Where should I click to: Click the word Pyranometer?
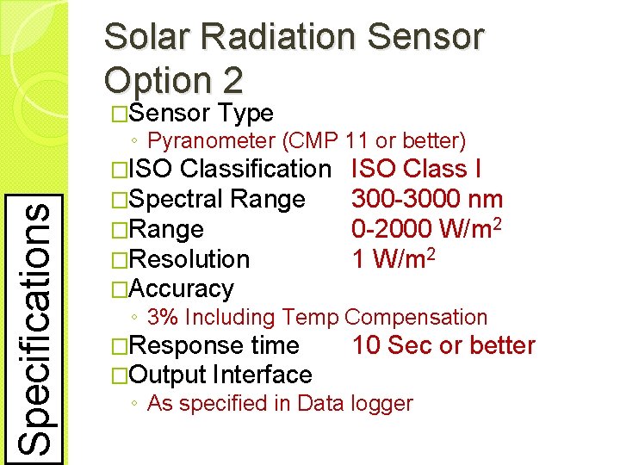click(x=212, y=139)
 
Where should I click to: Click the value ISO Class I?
click(x=417, y=170)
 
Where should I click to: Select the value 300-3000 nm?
click(x=427, y=200)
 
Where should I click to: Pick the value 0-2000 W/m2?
click(x=427, y=229)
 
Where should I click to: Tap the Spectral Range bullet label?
click(x=220, y=200)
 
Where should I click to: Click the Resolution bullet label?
click(x=191, y=258)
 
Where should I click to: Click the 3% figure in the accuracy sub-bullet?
click(x=163, y=317)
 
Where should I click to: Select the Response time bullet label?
click(x=216, y=346)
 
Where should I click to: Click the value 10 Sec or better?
click(x=443, y=346)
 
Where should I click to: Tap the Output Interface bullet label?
click(x=222, y=375)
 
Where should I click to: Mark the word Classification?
click(x=256, y=170)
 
